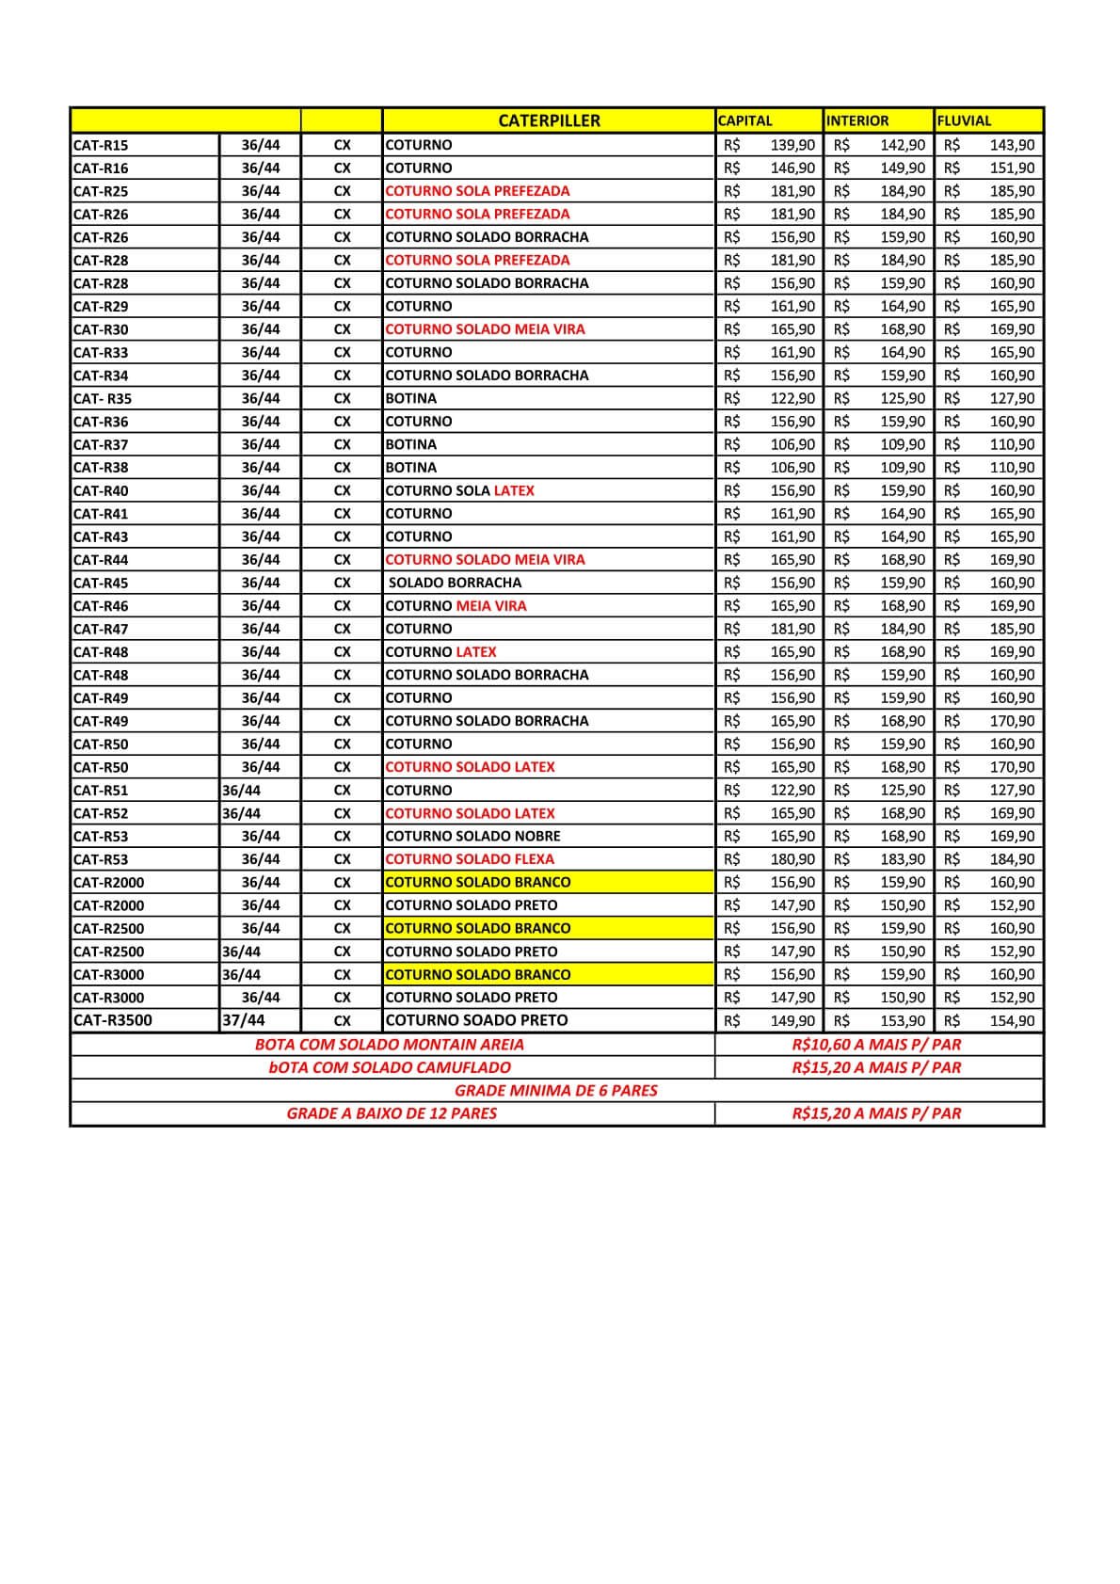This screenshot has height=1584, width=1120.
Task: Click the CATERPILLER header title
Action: [549, 120]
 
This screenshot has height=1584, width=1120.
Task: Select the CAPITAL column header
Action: [744, 120]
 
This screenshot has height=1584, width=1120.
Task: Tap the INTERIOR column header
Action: [857, 120]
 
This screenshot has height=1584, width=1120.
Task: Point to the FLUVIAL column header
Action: [964, 120]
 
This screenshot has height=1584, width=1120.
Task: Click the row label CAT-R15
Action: [101, 145]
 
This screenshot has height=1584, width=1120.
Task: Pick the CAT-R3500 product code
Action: [112, 1020]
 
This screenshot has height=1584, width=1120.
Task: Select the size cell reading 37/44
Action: [244, 1020]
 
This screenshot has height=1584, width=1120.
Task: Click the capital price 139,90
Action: [792, 145]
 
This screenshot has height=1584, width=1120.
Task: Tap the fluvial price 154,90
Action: [1012, 1020]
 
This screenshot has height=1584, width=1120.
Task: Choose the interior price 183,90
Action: [903, 859]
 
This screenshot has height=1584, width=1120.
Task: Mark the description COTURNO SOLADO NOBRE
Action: [472, 836]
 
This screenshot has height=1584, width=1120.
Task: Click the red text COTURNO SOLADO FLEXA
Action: [470, 859]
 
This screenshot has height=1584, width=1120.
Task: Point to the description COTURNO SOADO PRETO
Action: [476, 1020]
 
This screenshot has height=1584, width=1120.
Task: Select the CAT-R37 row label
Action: [101, 444]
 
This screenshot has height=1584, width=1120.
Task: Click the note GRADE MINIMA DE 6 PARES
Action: [556, 1091]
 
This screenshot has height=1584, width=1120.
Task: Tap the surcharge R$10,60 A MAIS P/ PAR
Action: [876, 1045]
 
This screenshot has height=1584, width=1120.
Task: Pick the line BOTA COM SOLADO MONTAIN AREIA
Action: [390, 1045]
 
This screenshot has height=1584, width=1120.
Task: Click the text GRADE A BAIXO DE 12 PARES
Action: [392, 1113]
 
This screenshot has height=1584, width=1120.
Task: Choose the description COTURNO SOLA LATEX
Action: [459, 490]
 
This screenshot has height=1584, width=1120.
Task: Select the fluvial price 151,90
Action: [1012, 168]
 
